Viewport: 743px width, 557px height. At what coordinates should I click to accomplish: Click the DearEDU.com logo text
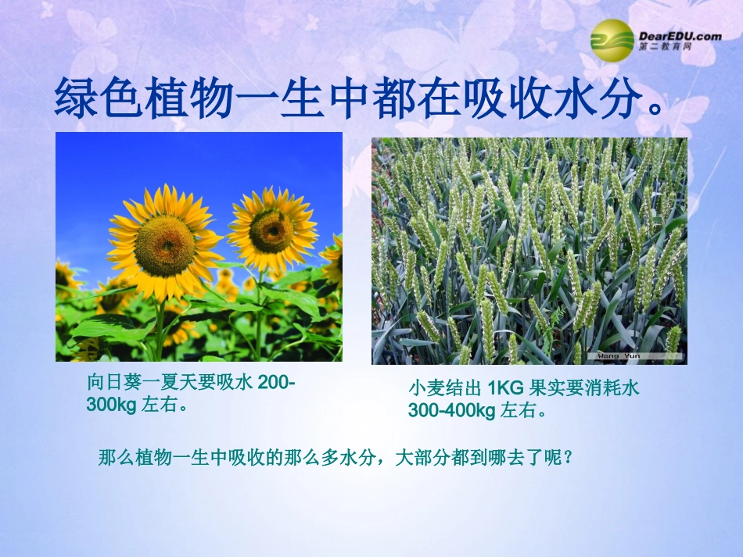coord(680,35)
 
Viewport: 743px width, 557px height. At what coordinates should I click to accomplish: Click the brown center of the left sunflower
coord(164,245)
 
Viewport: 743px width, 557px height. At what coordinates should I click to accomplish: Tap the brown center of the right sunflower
coord(271,231)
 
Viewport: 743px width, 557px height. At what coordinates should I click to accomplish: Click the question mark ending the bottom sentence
coord(569,457)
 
